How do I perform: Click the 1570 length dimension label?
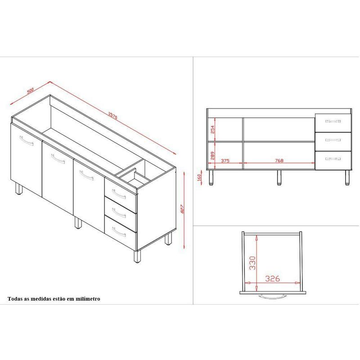point(113,116)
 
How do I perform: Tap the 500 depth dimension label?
point(30,90)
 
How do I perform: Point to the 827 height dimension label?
point(183,209)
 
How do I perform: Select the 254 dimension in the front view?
point(212,130)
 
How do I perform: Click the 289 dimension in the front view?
point(212,156)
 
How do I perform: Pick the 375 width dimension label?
point(225,161)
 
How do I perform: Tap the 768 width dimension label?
point(279,161)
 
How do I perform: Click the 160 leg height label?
point(199,177)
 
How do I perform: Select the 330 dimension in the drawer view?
point(252,263)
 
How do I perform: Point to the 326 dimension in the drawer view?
point(273,279)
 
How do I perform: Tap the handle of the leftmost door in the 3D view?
point(27,141)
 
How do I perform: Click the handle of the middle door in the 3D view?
point(58,159)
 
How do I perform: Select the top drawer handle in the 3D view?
point(119,194)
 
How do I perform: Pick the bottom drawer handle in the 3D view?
point(119,232)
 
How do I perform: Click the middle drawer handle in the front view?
point(333,140)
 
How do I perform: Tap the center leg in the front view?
point(279,177)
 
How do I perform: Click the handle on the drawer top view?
point(272,297)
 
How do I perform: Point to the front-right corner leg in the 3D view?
point(137,256)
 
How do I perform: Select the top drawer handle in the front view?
point(333,121)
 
